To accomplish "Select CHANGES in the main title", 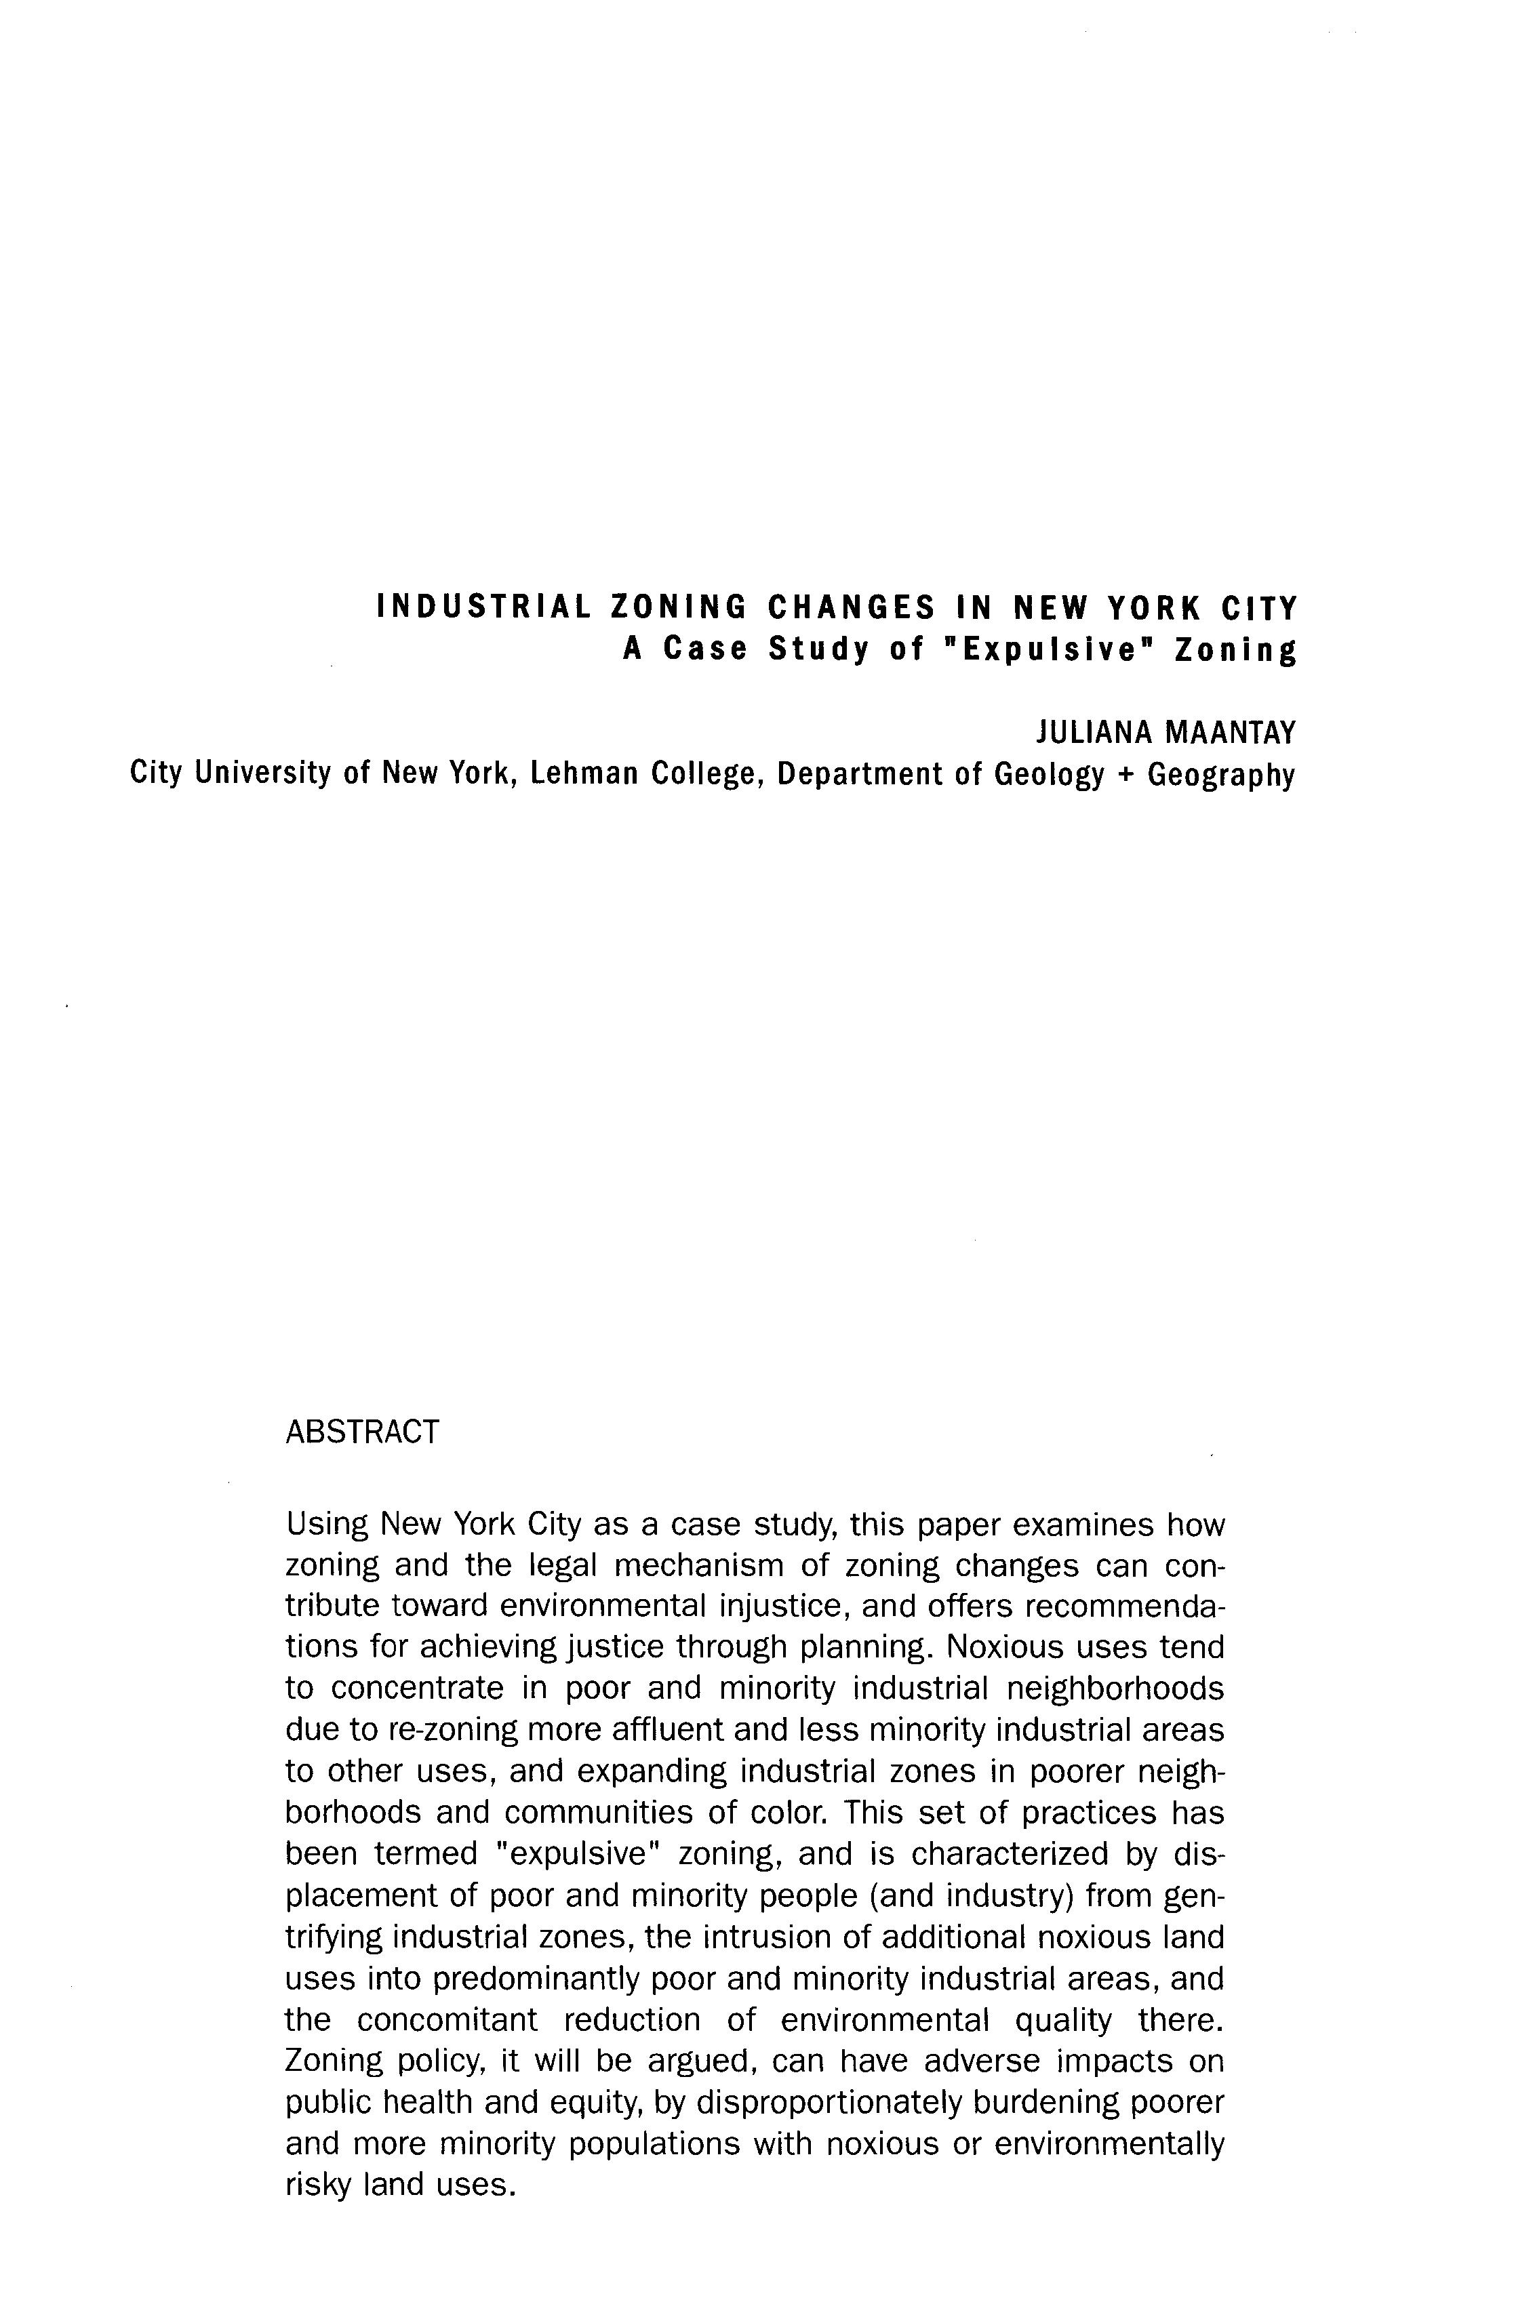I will tap(854, 608).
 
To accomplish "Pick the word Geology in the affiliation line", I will tap(1050, 773).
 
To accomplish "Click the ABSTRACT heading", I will tap(363, 1432).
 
